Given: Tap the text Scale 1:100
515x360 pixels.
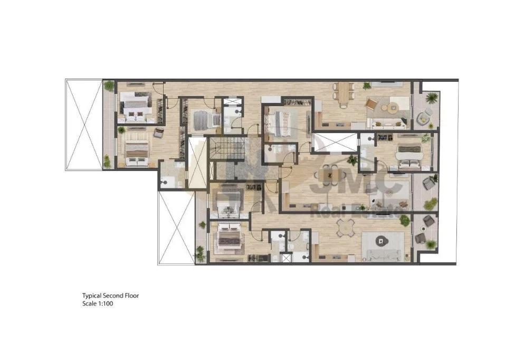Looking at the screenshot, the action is click(98, 304).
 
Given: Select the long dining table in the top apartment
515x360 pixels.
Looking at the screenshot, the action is click(344, 93).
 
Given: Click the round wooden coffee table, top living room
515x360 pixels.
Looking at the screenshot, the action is click(392, 108).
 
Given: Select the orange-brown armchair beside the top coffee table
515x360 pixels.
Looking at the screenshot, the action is click(371, 105).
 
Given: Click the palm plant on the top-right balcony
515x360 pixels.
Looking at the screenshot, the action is click(431, 98).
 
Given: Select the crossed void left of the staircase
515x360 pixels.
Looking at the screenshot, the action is click(197, 162).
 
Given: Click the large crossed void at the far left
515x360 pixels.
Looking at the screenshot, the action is click(84, 125).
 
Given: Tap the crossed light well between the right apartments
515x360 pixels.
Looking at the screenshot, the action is click(335, 143).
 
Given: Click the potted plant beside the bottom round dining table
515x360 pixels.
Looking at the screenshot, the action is click(405, 220).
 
